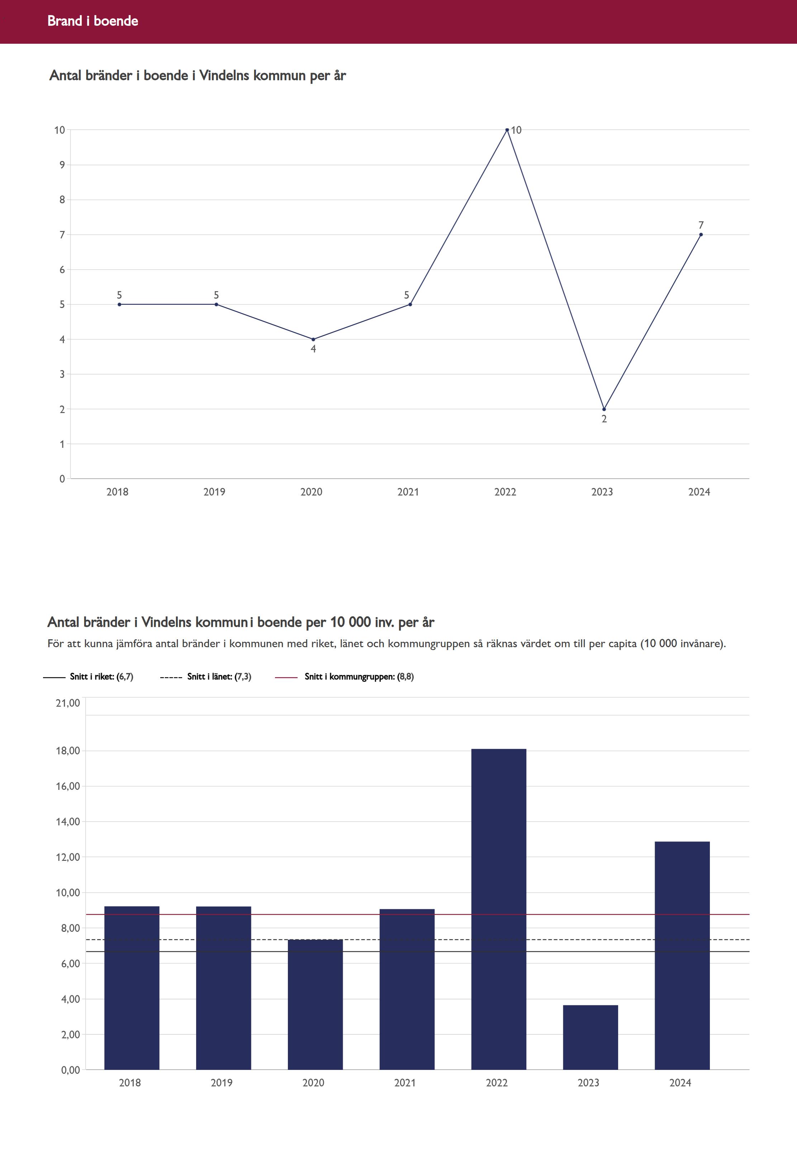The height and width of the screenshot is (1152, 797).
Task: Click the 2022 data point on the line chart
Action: (x=507, y=130)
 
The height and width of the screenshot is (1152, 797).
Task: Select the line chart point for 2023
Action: (x=604, y=409)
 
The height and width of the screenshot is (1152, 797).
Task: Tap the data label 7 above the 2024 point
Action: (x=701, y=225)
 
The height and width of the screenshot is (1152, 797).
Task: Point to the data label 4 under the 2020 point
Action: (x=313, y=349)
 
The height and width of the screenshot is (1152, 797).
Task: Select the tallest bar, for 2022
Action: (x=498, y=909)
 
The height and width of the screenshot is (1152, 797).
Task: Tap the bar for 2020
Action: (x=315, y=1004)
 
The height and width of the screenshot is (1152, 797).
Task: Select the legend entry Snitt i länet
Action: (x=219, y=677)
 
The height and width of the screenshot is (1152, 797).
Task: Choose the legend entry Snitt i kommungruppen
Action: (x=359, y=677)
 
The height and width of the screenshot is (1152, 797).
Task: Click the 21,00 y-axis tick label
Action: (x=67, y=703)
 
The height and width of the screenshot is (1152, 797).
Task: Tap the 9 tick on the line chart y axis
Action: (x=62, y=165)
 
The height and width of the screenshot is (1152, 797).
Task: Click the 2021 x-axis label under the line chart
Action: (x=408, y=492)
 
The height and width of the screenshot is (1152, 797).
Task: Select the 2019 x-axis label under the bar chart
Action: (x=221, y=1082)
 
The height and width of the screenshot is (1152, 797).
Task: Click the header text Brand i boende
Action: (x=93, y=21)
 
